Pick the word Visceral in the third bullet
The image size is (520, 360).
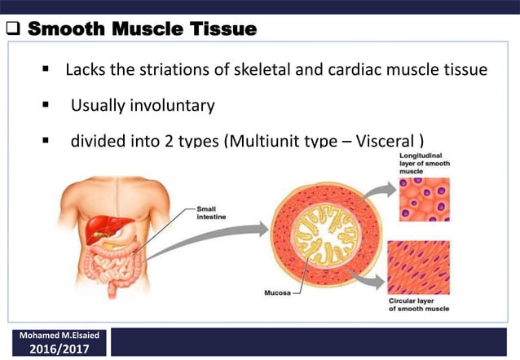click(x=390, y=140)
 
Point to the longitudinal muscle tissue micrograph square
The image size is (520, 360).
click(x=424, y=200)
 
